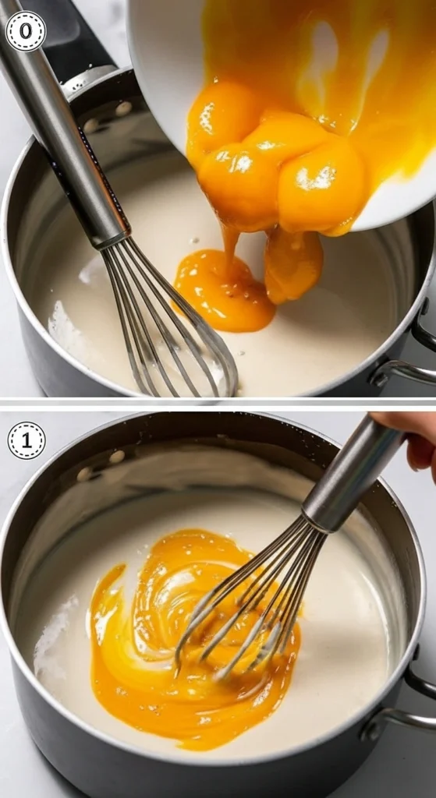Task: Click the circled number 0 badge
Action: point(26,31)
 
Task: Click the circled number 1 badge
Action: point(27,441)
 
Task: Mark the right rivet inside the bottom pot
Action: point(117,457)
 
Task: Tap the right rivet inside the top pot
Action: point(122,108)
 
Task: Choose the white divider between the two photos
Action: point(218,403)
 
